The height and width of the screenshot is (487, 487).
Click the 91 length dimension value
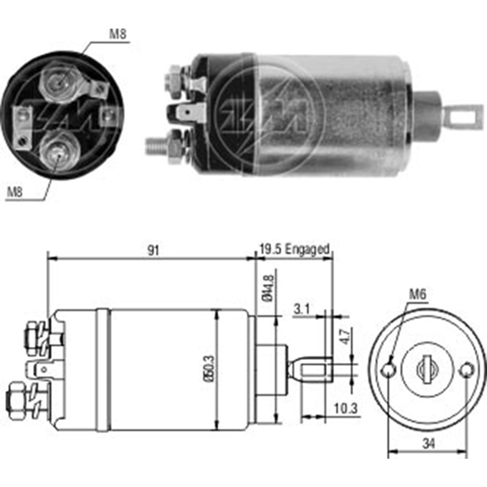tap(153, 250)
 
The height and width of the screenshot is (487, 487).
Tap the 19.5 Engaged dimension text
tap(294, 249)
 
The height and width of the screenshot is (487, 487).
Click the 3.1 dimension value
tap(302, 309)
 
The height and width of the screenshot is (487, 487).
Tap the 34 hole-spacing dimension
tap(429, 443)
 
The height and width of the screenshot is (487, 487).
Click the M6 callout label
tap(418, 294)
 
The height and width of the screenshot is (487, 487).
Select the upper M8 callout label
tap(118, 34)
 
